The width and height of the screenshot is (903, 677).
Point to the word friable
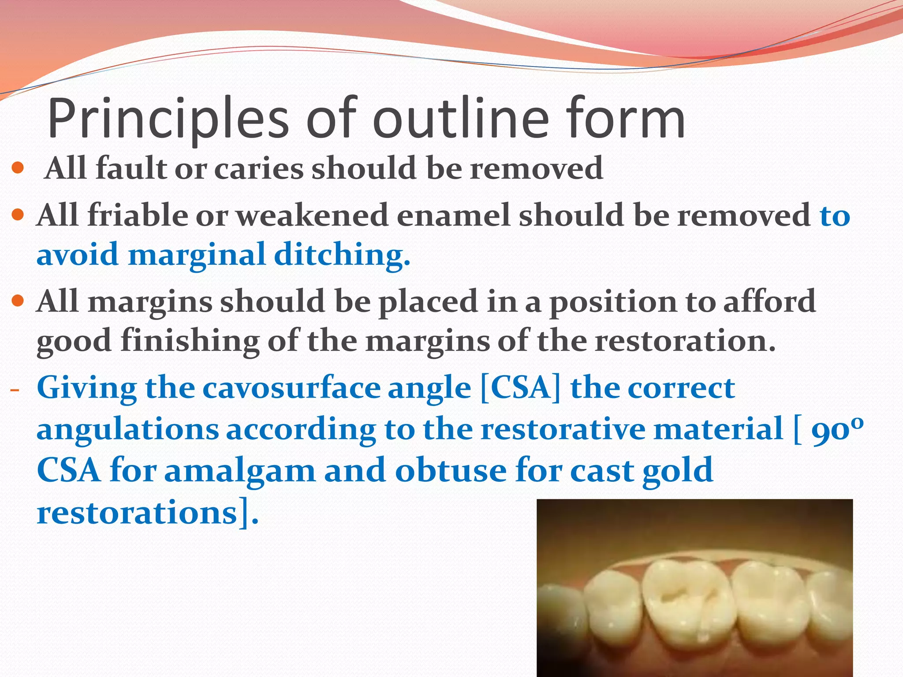point(137,216)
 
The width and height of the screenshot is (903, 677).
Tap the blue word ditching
point(342,255)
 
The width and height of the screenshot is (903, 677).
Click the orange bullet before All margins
point(18,301)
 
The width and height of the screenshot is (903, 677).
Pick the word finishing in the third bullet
point(190,341)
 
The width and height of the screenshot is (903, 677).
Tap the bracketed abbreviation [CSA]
point(520,388)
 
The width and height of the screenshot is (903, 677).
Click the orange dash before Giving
point(15,390)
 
